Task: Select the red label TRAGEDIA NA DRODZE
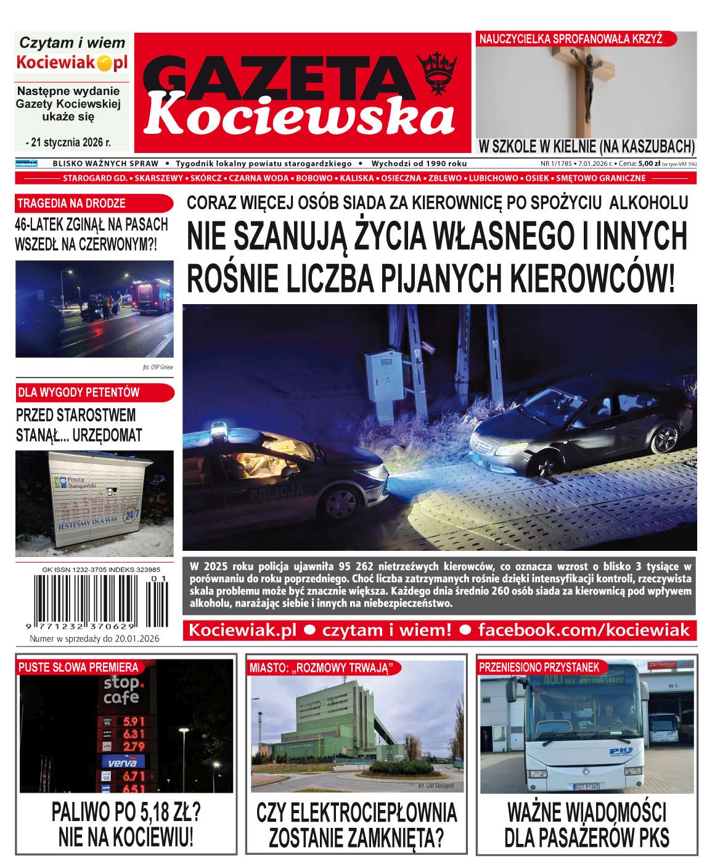72,203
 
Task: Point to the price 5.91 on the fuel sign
134,721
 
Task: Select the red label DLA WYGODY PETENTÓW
78,392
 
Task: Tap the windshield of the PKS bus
586,709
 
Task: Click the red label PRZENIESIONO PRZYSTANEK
539,667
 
